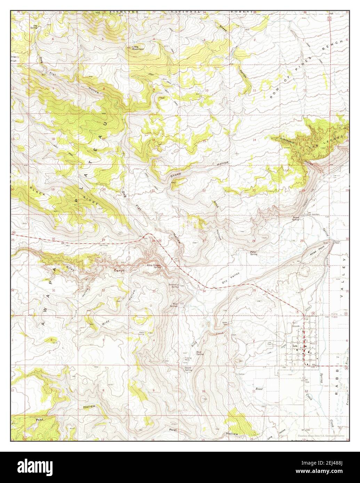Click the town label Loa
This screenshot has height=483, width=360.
295,346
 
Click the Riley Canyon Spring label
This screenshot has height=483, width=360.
154,266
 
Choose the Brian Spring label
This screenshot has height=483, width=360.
295,219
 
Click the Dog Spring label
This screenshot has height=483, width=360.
34,27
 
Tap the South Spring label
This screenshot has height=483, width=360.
188,369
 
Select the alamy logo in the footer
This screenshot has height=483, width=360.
38,466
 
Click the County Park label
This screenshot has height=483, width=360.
337,242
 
